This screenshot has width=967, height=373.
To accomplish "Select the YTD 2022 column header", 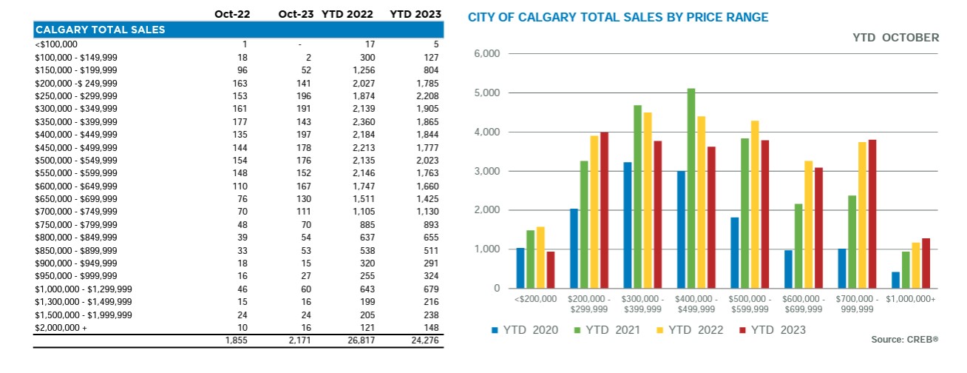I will (347, 14).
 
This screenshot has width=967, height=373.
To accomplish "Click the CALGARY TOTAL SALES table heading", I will (101, 30).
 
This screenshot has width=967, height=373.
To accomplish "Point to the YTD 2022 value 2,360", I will (360, 121).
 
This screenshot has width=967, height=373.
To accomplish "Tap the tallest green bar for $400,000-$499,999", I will (691, 188).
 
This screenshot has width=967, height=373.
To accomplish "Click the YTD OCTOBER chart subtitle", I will (895, 37).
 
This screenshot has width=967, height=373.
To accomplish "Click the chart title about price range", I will (617, 16).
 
